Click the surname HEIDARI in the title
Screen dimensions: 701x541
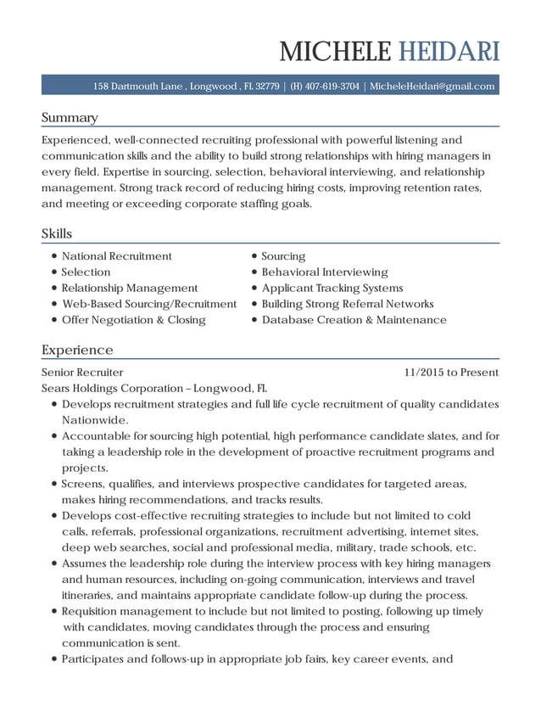(445, 52)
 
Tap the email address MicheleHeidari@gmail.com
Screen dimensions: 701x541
(432, 86)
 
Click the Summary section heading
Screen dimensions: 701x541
(70, 117)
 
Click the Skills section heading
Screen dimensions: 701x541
(57, 233)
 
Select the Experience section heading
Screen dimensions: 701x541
(77, 350)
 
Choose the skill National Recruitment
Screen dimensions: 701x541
(117, 255)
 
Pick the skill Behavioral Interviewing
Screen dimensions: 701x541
(325, 272)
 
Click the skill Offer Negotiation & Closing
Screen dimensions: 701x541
(134, 320)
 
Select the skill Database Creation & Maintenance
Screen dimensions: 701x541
(354, 320)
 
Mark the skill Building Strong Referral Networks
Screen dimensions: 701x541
(348, 304)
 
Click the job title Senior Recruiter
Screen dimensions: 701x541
(82, 372)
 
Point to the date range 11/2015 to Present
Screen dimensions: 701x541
(451, 372)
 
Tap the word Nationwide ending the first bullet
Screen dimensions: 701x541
(94, 420)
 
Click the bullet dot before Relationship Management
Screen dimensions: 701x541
(54, 289)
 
